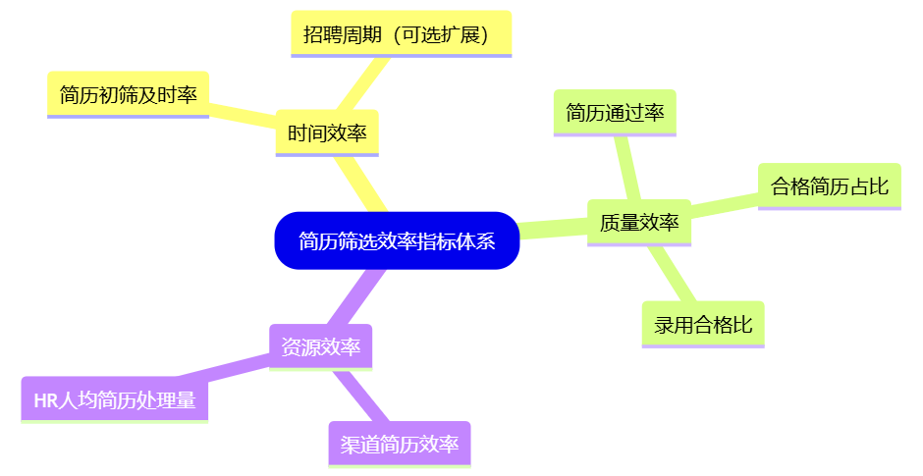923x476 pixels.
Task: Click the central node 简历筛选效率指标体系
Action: click(397, 240)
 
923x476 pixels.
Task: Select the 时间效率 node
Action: click(327, 132)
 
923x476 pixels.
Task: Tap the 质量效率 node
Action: click(639, 223)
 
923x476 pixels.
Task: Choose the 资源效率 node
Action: click(320, 346)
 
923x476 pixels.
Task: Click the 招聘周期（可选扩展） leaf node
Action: click(402, 35)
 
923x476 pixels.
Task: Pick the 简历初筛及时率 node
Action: click(128, 95)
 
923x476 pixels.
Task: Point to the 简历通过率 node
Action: click(615, 113)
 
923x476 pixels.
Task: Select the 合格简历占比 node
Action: click(830, 185)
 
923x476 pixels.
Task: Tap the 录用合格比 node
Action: click(703, 325)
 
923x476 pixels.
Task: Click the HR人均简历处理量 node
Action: click(115, 400)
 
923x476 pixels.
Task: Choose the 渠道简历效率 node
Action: click(400, 444)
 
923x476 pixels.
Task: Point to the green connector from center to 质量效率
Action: click(552, 230)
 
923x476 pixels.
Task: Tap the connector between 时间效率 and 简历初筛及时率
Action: click(243, 111)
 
